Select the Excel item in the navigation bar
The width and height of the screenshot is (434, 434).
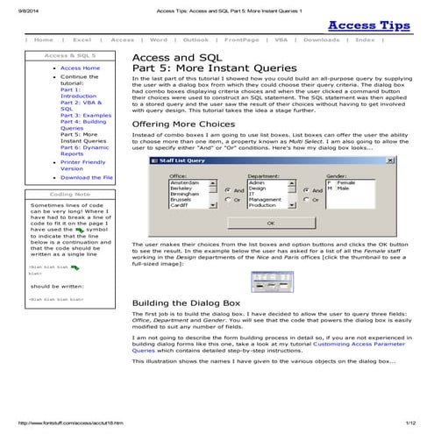[83, 40]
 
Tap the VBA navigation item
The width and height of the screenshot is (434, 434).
[281, 40]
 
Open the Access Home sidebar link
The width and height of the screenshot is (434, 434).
[80, 68]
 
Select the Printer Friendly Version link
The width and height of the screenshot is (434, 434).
[82, 165]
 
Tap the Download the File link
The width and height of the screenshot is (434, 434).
[87, 177]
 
